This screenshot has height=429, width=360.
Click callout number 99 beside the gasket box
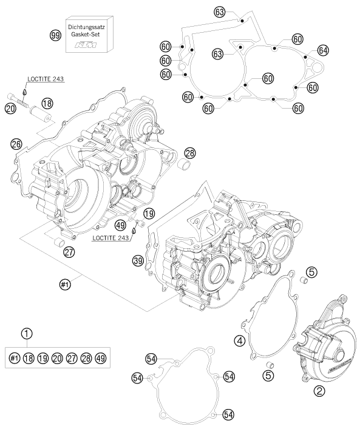55,36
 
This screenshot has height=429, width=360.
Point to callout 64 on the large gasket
323,50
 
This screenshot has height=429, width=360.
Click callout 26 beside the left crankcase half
16,144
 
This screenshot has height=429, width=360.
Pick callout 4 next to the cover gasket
240,342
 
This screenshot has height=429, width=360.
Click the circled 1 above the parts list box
25,333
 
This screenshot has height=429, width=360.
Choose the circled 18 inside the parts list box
28,357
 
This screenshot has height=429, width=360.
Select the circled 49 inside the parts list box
100,357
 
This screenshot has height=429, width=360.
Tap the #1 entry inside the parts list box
13,357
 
